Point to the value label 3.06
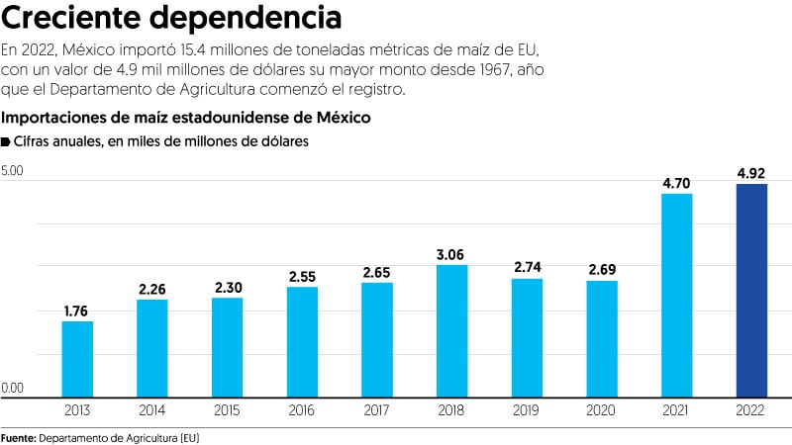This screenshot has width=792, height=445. point(451,254)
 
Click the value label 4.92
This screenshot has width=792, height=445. point(751,173)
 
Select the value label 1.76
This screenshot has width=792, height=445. point(77,311)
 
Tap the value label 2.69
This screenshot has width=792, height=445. point(602,270)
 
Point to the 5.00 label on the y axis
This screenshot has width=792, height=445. point(13,171)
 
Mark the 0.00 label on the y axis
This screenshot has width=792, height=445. point(13,387)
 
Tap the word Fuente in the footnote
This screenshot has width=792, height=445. point(18,435)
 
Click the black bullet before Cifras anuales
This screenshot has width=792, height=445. point(7,142)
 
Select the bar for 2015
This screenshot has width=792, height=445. point(227,346)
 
